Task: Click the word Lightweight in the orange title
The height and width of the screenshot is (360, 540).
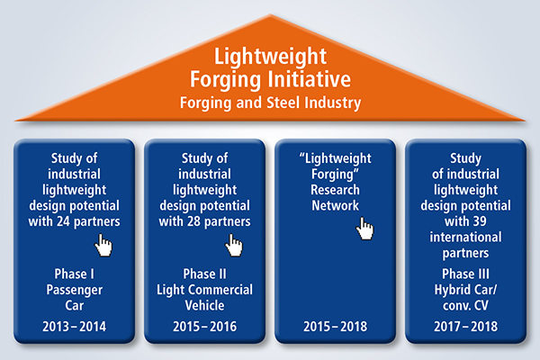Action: (x=270, y=57)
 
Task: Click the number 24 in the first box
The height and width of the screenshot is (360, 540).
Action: (x=63, y=221)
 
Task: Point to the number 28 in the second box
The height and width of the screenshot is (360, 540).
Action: (x=193, y=221)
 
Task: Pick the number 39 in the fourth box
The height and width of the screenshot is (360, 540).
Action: (x=479, y=221)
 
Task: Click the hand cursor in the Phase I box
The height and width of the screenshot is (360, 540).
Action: (x=103, y=246)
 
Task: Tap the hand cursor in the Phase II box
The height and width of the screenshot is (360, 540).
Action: (x=234, y=246)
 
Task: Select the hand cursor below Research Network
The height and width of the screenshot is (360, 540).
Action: (x=364, y=229)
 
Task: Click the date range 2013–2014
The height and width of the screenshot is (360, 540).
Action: (x=75, y=327)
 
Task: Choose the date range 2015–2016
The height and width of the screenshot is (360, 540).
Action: (x=205, y=327)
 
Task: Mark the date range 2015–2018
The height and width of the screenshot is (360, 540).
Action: (x=336, y=327)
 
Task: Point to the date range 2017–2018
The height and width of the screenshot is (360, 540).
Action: (x=465, y=327)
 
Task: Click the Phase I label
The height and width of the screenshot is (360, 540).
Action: (x=75, y=274)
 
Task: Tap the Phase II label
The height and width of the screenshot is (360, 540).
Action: (x=205, y=274)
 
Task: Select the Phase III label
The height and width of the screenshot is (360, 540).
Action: (x=465, y=274)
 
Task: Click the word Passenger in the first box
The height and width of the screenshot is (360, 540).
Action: (x=75, y=290)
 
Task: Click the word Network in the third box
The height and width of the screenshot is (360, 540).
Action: (x=336, y=206)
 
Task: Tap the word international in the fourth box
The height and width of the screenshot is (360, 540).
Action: (x=465, y=237)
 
